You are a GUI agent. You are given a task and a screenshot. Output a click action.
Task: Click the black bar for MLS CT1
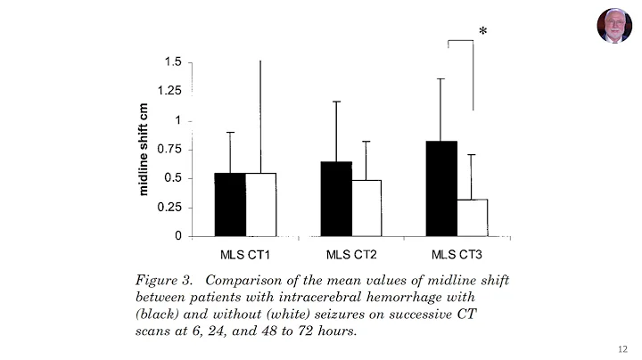click(229, 204)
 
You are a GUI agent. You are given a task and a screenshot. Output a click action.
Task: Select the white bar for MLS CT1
click(261, 204)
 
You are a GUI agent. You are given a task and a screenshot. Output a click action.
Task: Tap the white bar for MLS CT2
click(366, 208)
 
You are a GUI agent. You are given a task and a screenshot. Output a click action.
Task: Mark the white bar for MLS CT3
click(472, 217)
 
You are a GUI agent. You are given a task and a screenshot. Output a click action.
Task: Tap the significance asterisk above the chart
click(482, 34)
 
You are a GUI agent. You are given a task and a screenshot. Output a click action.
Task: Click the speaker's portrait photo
click(614, 26)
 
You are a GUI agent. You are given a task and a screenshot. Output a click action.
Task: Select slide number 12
click(621, 348)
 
